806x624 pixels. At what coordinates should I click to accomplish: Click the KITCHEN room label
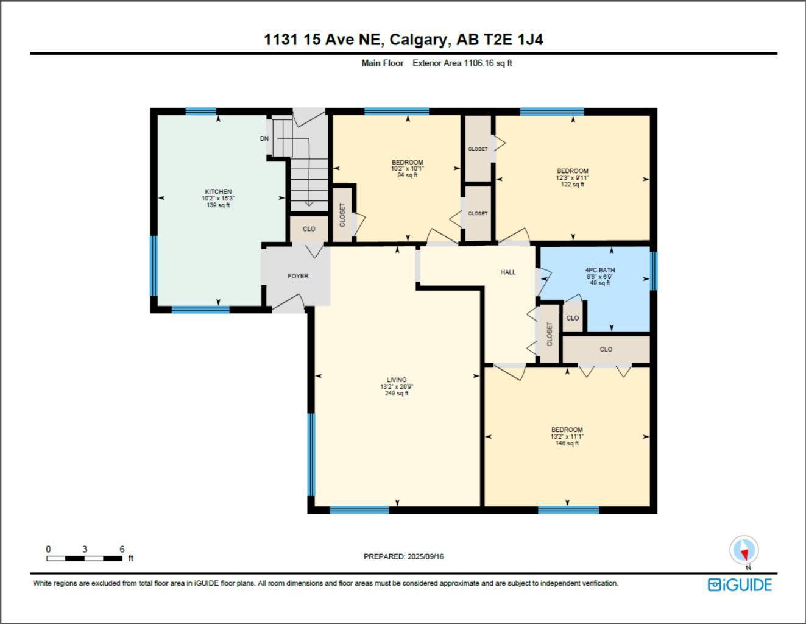click(218, 192)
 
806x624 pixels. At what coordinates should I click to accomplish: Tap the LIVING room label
click(397, 380)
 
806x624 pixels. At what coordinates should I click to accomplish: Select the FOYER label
click(298, 276)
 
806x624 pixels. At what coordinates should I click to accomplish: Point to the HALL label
click(508, 272)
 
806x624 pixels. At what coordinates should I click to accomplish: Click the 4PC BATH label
click(599, 270)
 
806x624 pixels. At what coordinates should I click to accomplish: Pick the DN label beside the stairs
click(264, 138)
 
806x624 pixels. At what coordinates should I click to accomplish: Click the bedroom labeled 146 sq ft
click(567, 436)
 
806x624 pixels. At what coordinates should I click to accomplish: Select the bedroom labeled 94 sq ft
click(407, 169)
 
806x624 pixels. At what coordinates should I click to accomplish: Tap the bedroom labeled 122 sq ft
click(572, 177)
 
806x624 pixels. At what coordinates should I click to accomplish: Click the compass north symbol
click(744, 551)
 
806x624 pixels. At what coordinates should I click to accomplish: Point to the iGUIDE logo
click(740, 585)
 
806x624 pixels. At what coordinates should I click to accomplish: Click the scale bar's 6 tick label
click(122, 549)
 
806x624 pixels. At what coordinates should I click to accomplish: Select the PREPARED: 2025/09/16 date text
click(403, 556)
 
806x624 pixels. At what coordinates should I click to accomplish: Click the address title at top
click(403, 40)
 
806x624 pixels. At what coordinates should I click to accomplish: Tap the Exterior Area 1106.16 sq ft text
click(462, 63)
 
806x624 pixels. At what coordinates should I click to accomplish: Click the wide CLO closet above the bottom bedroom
click(606, 349)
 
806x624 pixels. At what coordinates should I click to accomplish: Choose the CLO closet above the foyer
click(309, 229)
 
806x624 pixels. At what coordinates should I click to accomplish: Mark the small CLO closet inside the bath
click(573, 318)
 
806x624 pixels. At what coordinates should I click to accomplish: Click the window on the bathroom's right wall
click(653, 271)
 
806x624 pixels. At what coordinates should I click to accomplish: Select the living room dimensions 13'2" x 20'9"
click(397, 386)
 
